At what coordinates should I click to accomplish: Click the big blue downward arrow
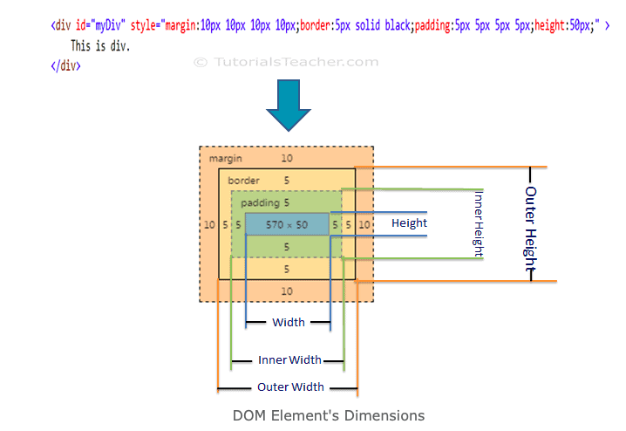coord(289,105)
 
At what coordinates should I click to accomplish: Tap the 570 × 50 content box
coord(287,224)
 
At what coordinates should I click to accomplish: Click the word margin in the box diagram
coord(226,159)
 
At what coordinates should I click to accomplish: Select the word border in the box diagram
coord(243,181)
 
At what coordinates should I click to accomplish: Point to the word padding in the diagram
coord(260,203)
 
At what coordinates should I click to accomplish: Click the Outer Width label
coord(290,387)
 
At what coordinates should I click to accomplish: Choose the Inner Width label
coord(289,360)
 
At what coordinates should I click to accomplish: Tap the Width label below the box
coord(289,322)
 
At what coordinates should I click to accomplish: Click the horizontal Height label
coord(409,222)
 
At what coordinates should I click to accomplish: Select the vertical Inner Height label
coord(479,223)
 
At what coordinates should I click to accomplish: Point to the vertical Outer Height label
coord(530,229)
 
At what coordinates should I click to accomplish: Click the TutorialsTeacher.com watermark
coord(286,62)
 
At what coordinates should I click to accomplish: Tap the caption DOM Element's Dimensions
coord(329,415)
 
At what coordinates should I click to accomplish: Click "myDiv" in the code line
coord(107,25)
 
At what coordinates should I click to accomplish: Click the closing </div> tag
coord(66,65)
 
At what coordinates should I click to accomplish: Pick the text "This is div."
coord(100,46)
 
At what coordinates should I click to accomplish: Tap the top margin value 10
coord(287,158)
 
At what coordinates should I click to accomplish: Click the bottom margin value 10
coord(287,291)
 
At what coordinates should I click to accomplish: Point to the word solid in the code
coord(368,25)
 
